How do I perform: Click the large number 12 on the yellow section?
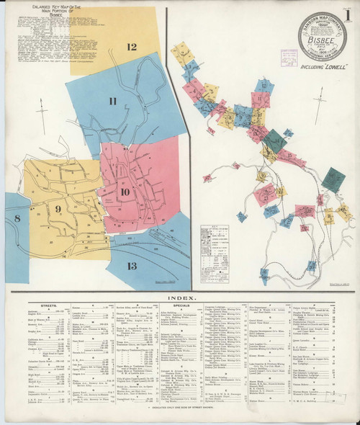(x=131, y=48)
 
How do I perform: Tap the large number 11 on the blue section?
(x=113, y=101)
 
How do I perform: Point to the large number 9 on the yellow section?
(x=58, y=210)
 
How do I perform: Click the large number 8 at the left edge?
(x=16, y=218)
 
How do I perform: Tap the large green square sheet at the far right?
(x=333, y=179)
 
